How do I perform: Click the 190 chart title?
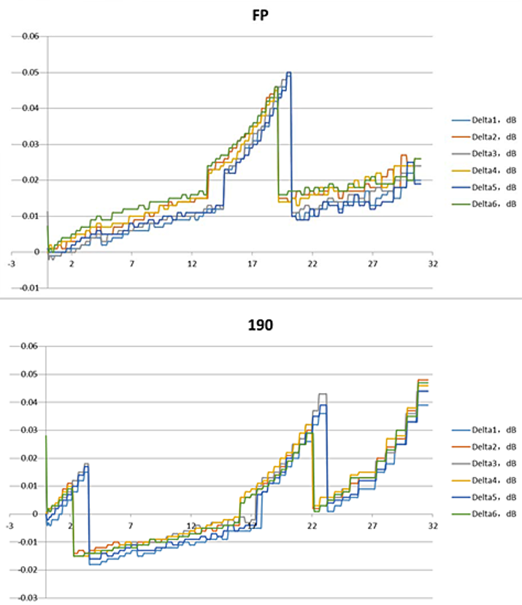tap(260, 326)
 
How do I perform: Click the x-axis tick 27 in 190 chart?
tap(373, 525)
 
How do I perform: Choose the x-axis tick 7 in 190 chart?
tap(131, 525)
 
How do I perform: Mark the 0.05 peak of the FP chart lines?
tap(289, 73)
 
